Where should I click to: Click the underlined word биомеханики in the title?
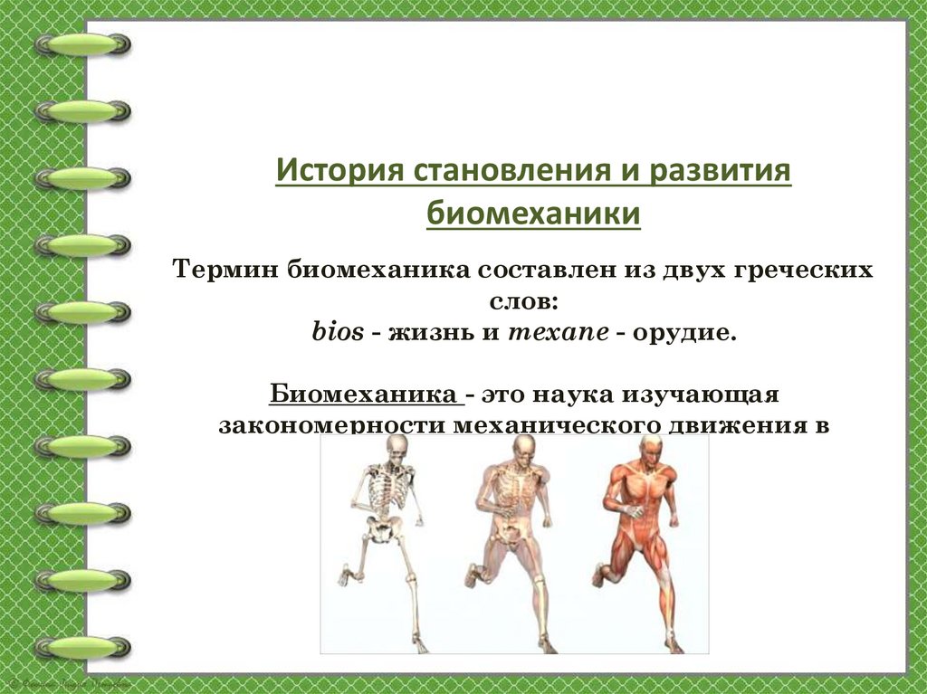point(533,215)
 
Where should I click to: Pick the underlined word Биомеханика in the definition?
point(365,395)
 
